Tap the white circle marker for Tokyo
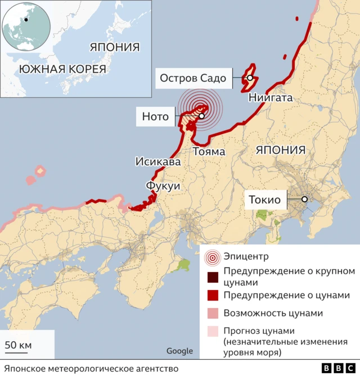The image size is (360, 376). click(x=304, y=199)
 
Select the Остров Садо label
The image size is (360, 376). click(x=193, y=78)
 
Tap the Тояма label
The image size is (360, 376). click(x=209, y=151)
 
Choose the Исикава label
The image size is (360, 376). click(x=158, y=162)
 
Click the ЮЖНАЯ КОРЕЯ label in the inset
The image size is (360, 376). click(x=62, y=69)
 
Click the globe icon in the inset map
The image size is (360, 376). click(x=26, y=26)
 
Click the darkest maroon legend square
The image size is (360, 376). click(x=212, y=277)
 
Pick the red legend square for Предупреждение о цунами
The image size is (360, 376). click(x=212, y=295)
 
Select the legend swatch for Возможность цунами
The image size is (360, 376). click(x=212, y=313)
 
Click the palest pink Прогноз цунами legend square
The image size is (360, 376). click(x=212, y=331)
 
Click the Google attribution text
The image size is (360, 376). click(x=179, y=351)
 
